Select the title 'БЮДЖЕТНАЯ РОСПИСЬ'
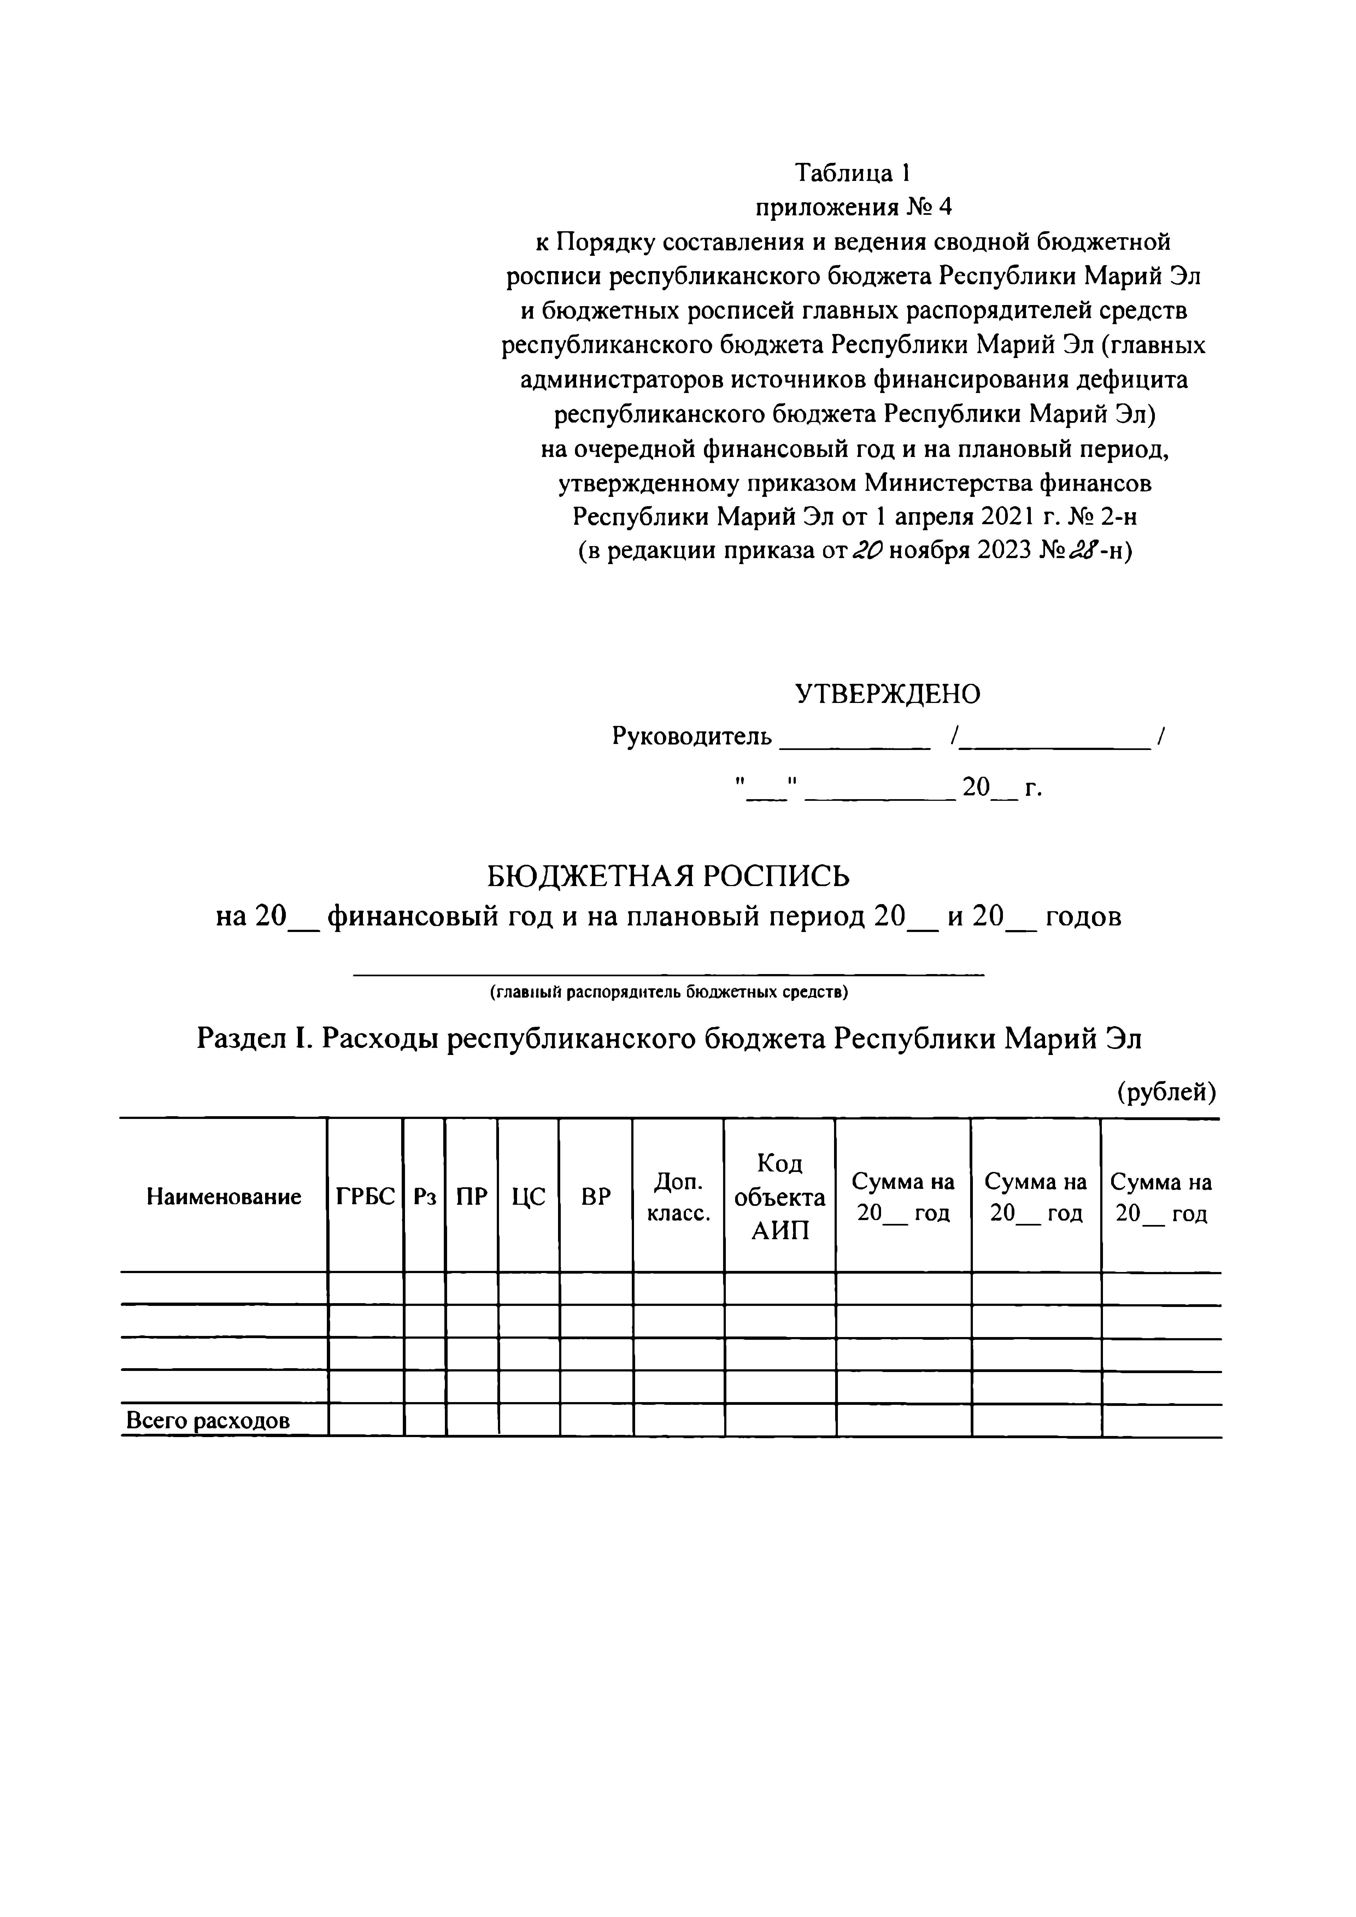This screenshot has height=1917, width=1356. pos(668,876)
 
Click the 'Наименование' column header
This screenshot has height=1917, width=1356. pos(224,1197)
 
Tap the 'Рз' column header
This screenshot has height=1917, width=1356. pos(425,1197)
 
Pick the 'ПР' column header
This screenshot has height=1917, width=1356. pos(472,1197)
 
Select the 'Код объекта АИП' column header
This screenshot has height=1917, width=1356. pos(780,1197)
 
